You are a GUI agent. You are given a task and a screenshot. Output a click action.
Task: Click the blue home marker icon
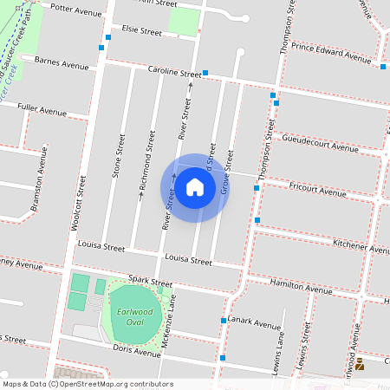tap(195, 187)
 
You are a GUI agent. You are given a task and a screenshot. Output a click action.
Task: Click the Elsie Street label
tap(142, 31)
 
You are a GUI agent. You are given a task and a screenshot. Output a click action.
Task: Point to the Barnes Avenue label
tap(62, 62)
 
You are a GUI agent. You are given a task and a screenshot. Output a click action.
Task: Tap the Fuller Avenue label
tap(42, 110)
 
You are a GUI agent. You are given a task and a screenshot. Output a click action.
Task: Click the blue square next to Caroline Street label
tap(205, 73)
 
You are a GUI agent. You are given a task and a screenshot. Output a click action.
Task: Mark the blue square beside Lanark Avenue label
tap(224, 321)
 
